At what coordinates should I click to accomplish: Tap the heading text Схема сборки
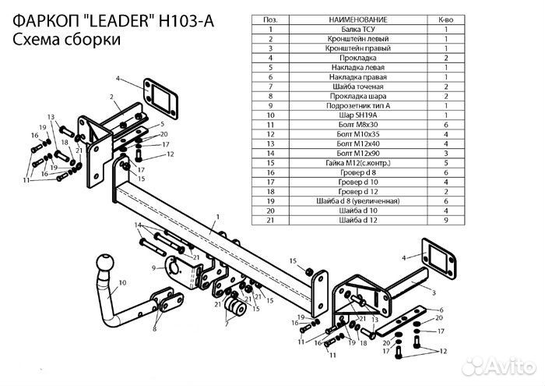coord(66,41)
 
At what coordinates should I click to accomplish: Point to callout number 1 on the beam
coord(219,215)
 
